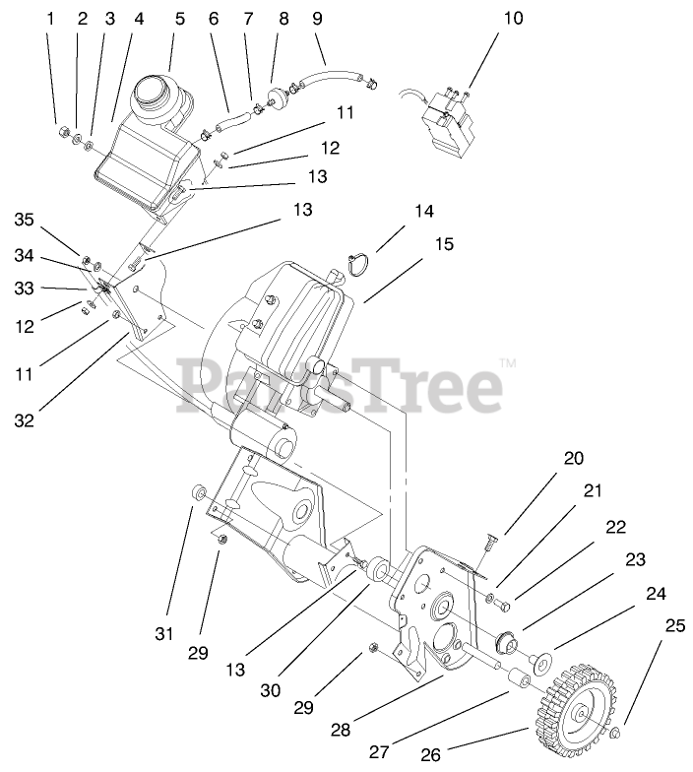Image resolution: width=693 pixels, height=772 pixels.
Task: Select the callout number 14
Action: coord(423,212)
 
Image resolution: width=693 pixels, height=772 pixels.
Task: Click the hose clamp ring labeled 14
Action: coord(359,264)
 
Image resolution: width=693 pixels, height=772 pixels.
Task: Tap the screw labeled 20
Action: coord(490,538)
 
